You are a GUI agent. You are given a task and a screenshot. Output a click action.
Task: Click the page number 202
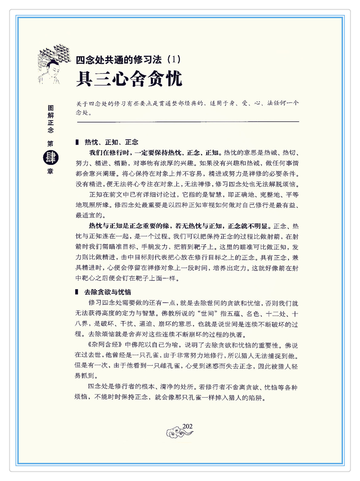187,426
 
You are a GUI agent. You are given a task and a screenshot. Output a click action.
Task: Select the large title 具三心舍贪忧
129,79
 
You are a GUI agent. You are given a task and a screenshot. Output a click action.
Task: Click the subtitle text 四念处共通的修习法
118,60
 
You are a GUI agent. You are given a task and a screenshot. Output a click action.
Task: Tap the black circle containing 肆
51,158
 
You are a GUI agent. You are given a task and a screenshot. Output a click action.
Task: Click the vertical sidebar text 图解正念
51,119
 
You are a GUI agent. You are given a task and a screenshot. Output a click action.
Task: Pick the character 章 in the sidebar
50,171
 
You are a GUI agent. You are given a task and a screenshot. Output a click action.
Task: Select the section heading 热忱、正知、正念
111,142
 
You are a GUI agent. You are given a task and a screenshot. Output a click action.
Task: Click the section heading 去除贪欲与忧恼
108,292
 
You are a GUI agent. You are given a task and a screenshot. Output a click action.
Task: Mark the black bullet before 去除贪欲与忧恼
77,292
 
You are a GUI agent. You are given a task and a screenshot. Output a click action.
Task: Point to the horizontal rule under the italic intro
188,122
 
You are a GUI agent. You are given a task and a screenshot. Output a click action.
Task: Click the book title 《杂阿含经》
105,345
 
